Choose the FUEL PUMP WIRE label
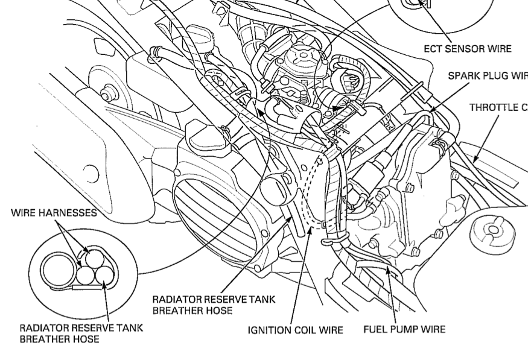pos(404,329)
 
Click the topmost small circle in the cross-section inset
pos(94,258)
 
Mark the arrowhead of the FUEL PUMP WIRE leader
pos(386,270)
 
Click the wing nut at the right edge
pos(491,230)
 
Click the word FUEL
pos(376,329)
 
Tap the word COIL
pos(307,330)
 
